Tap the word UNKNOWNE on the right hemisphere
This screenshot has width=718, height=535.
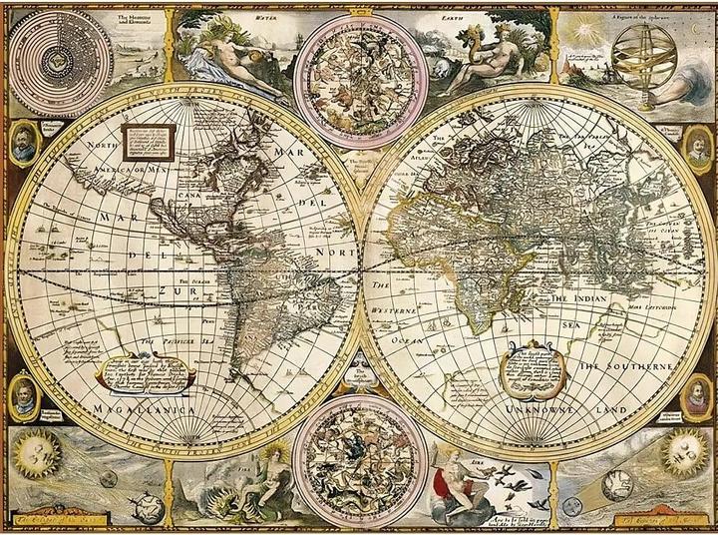coord(538,409)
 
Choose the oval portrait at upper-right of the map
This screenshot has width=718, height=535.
coord(698,147)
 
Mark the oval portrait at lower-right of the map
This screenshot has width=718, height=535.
coord(695,397)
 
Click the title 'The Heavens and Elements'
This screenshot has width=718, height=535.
coord(134,19)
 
